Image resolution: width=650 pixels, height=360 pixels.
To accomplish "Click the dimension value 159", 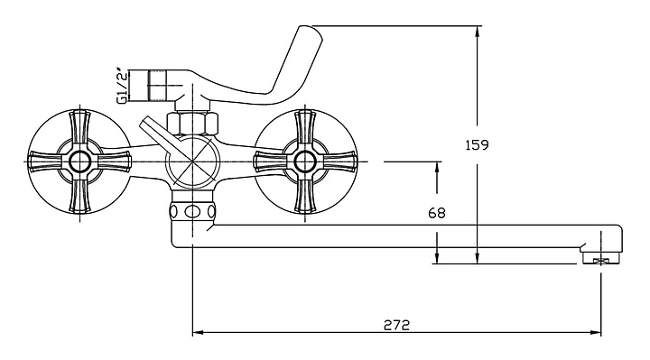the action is pyautogui.click(x=478, y=145).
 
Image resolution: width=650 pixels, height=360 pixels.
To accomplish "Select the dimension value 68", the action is pyautogui.click(x=437, y=213).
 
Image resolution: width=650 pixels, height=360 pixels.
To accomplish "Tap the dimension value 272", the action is pyautogui.click(x=396, y=325).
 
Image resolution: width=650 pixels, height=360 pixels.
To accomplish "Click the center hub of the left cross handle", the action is pyautogui.click(x=79, y=161).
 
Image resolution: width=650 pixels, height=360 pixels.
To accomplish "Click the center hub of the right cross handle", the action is pyautogui.click(x=305, y=161).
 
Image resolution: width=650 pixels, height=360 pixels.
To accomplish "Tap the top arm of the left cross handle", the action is pyautogui.click(x=79, y=129).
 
